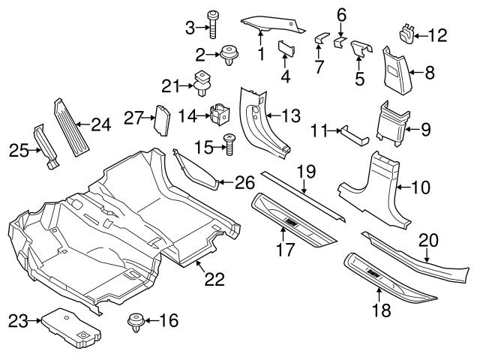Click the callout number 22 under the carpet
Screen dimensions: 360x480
[x=214, y=279]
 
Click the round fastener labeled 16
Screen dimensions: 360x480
[x=136, y=322]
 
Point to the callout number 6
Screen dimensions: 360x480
[x=340, y=13]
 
